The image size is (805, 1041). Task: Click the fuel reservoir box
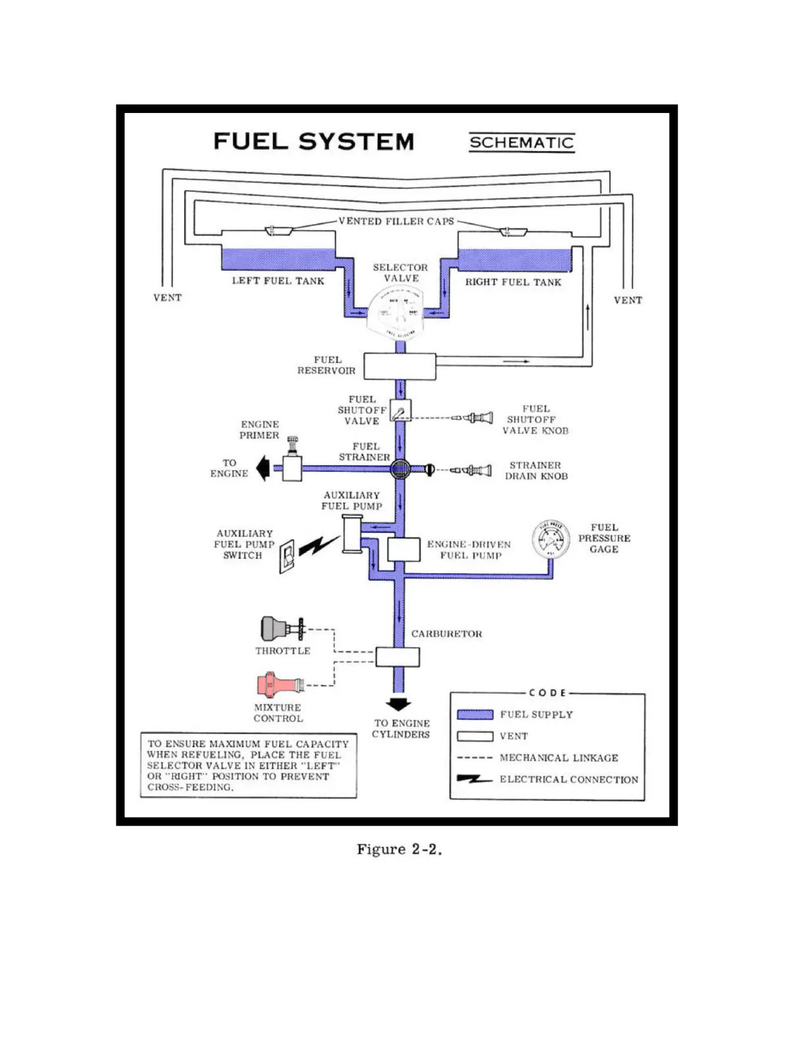pyautogui.click(x=400, y=366)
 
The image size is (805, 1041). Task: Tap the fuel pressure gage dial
pyautogui.click(x=550, y=539)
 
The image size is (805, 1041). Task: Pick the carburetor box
pyautogui.click(x=397, y=657)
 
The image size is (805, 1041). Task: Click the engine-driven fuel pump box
pyautogui.click(x=403, y=549)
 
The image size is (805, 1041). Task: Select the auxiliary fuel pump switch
pyautogui.click(x=287, y=557)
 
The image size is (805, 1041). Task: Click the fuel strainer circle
pyautogui.click(x=400, y=469)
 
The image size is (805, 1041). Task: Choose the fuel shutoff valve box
pyautogui.click(x=401, y=410)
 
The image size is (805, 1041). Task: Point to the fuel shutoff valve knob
pyautogui.click(x=475, y=417)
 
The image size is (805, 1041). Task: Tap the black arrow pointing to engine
pyautogui.click(x=263, y=469)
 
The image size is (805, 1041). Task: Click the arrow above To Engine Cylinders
pyautogui.click(x=398, y=704)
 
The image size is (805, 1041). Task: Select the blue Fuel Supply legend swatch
pyautogui.click(x=475, y=714)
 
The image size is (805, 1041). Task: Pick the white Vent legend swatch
pyautogui.click(x=475, y=736)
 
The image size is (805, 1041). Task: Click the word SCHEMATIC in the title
pyautogui.click(x=522, y=142)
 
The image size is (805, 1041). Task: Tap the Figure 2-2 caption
pyautogui.click(x=399, y=849)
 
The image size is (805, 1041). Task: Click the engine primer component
pyautogui.click(x=291, y=463)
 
